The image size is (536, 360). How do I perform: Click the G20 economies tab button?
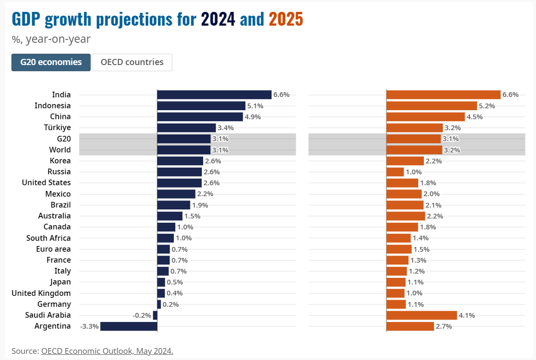[51, 62]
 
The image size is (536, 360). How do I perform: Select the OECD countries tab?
[132, 62]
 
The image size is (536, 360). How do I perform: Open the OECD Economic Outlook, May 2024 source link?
[107, 351]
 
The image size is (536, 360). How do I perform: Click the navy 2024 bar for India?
[214, 95]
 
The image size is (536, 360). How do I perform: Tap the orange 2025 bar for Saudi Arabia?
[422, 315]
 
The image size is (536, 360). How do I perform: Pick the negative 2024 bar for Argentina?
[129, 326]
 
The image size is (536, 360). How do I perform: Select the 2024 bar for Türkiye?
[187, 128]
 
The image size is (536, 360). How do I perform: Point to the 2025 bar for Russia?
[395, 172]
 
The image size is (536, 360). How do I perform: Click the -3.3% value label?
[89, 326]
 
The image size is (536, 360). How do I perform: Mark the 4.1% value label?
[467, 315]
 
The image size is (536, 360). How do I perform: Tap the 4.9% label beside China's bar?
[252, 117]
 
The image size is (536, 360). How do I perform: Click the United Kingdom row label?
[41, 293]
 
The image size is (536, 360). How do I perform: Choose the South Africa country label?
[48, 238]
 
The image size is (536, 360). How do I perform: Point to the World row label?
[60, 150]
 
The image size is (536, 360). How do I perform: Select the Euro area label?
[53, 249]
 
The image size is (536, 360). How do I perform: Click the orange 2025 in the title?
[286, 19]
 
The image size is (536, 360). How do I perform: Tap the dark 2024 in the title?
[218, 19]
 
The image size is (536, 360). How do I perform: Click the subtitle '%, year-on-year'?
[51, 39]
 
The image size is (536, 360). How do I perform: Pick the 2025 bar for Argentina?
[410, 326]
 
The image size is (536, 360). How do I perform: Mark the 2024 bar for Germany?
[159, 304]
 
